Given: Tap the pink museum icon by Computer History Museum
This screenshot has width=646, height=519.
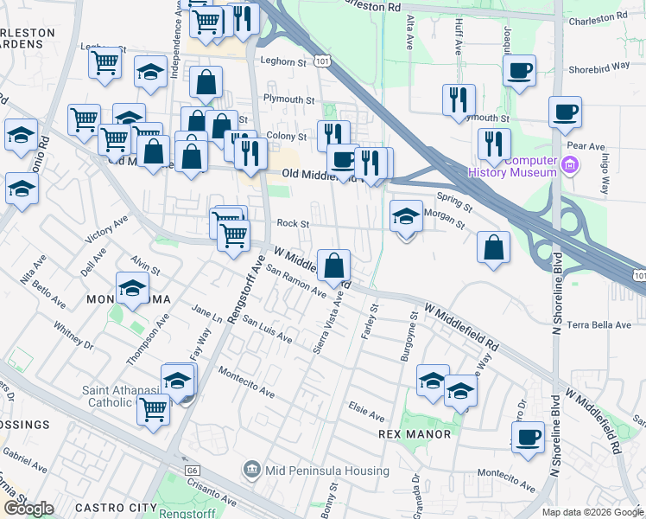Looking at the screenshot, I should pos(569,165).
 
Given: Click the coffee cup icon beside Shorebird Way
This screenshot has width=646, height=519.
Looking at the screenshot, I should pos(519,71).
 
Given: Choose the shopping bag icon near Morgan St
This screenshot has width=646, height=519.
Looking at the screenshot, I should pos(493,247).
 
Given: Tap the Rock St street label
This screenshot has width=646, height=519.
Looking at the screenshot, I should pos(293,223).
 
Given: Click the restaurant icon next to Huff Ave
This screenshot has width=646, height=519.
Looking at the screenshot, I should pos(459,100).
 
